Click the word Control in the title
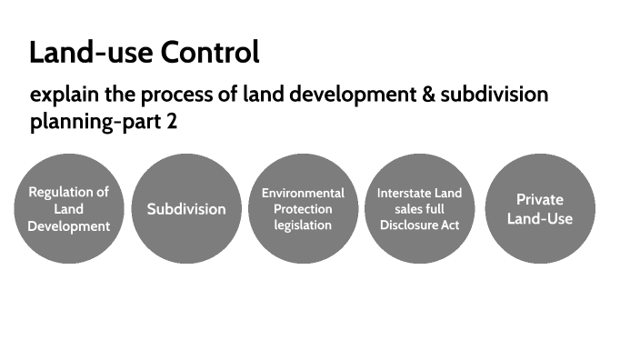(x=210, y=53)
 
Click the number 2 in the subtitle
(x=172, y=122)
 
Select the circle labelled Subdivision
(x=186, y=208)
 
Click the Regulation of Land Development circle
(x=69, y=208)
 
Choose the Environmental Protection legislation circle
(x=303, y=208)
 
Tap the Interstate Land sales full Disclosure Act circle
(x=420, y=208)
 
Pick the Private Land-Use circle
(x=540, y=208)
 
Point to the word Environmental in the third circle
(x=303, y=193)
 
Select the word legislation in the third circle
(x=303, y=225)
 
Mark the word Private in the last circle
(x=540, y=199)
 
